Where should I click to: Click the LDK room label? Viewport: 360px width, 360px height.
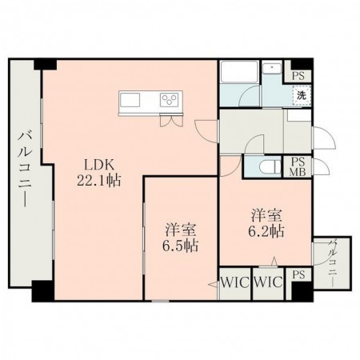pos(99,165)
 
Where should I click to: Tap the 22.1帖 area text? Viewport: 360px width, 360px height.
pos(99,181)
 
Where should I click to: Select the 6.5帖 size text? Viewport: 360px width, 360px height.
pos(181,246)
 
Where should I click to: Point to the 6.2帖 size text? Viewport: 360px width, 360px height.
pos(266,231)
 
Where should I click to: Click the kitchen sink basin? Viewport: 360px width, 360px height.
pos(130,100)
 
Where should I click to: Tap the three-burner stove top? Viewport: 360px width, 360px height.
pos(170,100)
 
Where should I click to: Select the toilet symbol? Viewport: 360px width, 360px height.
pos(270,167)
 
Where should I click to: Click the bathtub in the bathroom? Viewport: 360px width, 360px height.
pos(239,72)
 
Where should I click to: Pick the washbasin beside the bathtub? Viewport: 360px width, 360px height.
pos(272,68)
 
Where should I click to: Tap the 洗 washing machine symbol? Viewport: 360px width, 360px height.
pos(302,95)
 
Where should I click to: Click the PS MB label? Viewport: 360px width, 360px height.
pos(298,167)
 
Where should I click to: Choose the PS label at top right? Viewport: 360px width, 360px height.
pos(298,76)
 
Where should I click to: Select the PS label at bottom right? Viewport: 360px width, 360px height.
pos(298,275)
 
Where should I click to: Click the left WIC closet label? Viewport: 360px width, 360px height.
pos(235,282)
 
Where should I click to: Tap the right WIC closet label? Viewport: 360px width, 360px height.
pos(268,282)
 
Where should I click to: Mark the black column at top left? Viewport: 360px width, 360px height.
pos(46,65)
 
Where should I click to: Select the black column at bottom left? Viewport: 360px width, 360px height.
pos(43,291)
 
